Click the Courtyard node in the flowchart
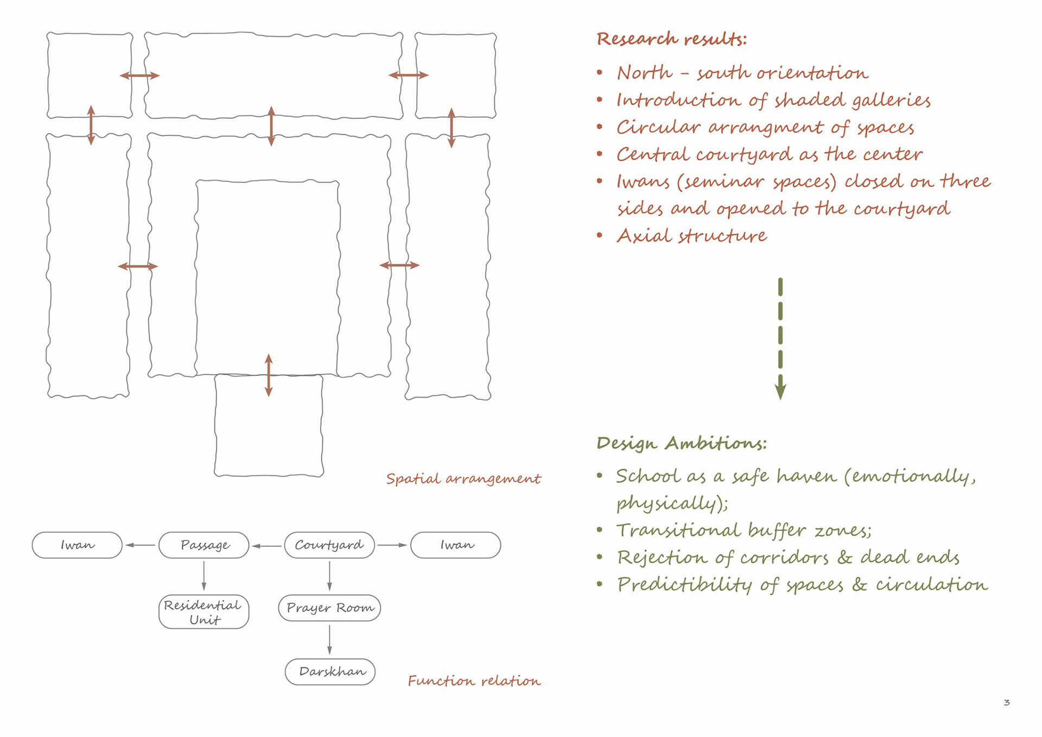point(329,545)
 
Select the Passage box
point(204,545)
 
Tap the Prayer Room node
point(329,608)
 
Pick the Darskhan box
point(330,672)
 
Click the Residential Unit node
point(204,612)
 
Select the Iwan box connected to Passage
point(77,545)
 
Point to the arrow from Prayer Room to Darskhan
point(329,640)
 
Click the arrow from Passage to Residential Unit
point(204,576)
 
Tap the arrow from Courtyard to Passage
point(266,545)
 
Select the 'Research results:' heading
point(671,39)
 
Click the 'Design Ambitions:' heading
point(682,443)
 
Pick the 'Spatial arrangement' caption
point(463,478)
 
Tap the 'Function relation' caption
point(474,681)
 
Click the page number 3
point(1007,703)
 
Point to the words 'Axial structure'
point(692,236)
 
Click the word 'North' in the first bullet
point(645,73)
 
